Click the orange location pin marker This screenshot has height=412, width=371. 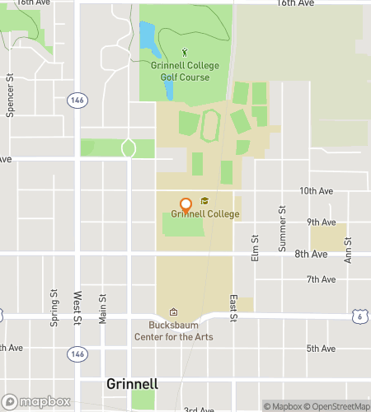pyautogui.click(x=185, y=204)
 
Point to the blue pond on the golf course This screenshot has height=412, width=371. pyautogui.click(x=146, y=35)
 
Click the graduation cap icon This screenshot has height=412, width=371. pyautogui.click(x=204, y=200)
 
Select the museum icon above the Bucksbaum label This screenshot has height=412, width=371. pyautogui.click(x=173, y=312)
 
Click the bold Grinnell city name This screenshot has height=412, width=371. pyautogui.click(x=132, y=384)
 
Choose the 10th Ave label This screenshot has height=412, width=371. pyautogui.click(x=317, y=190)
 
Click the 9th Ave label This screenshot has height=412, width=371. pyautogui.click(x=321, y=222)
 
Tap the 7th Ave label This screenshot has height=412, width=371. pyautogui.click(x=321, y=279)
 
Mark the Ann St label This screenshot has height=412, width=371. pyautogui.click(x=348, y=250)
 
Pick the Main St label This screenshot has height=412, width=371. pyautogui.click(x=103, y=309)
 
